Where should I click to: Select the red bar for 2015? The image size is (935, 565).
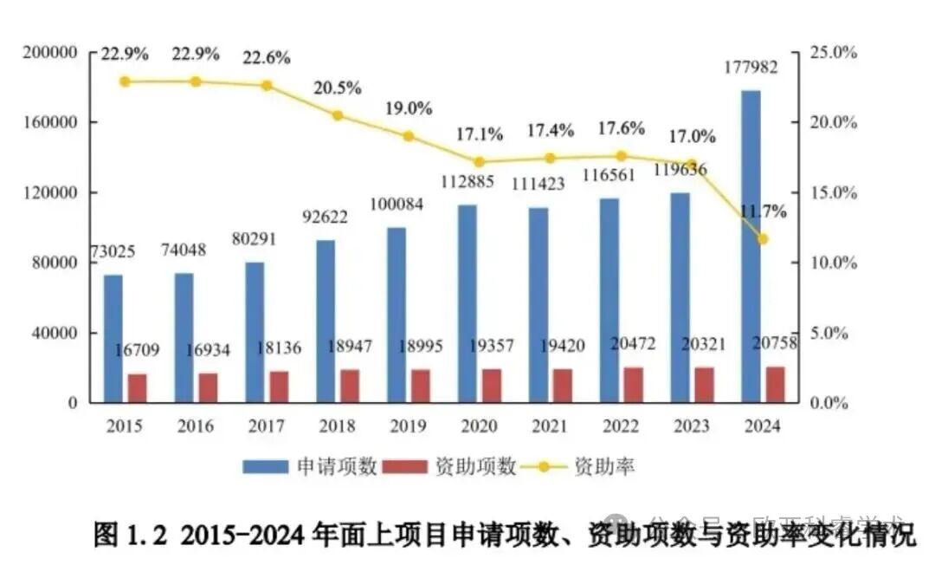point(137,388)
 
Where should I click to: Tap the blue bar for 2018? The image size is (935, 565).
point(326,321)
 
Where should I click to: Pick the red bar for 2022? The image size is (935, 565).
point(633,385)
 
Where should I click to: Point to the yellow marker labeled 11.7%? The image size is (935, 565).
point(762,239)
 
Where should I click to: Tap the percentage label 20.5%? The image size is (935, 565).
point(339,88)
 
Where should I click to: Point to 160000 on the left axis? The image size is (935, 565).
point(62,122)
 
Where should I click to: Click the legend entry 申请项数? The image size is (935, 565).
point(310,466)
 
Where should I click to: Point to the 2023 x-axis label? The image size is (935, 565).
point(691,426)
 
